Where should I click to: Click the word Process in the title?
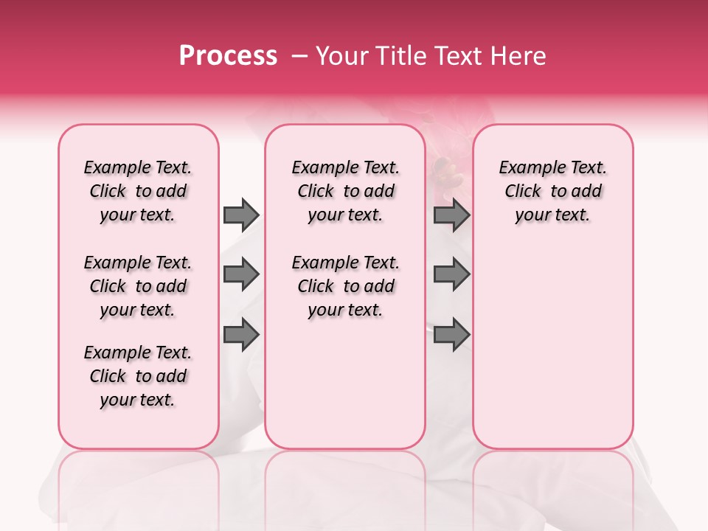click(x=228, y=56)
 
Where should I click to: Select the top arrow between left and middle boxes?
click(x=241, y=215)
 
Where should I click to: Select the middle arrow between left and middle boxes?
click(x=241, y=275)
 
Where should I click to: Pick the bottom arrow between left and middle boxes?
click(x=241, y=336)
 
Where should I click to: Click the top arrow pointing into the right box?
click(x=451, y=215)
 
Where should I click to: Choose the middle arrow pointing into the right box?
click(x=451, y=275)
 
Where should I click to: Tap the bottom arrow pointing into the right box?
click(x=451, y=336)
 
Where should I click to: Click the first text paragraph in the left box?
click(x=138, y=191)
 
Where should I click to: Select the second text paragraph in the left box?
click(x=138, y=286)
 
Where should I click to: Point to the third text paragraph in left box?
click(x=138, y=376)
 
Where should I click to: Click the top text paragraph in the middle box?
click(x=345, y=191)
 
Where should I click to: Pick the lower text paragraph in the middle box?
click(x=345, y=286)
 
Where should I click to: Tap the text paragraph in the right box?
click(x=552, y=191)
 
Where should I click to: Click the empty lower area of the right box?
click(x=552, y=347)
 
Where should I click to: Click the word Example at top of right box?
click(x=526, y=167)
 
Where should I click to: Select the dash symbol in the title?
click(x=299, y=56)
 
